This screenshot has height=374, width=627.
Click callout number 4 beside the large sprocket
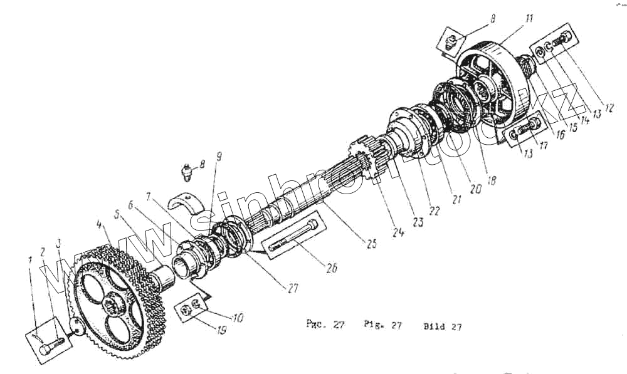point(98,224)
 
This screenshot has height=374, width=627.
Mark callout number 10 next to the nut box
point(237,318)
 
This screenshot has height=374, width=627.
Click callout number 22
point(434,210)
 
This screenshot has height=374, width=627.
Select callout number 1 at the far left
point(29,259)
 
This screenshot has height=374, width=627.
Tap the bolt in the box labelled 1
point(51,343)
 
